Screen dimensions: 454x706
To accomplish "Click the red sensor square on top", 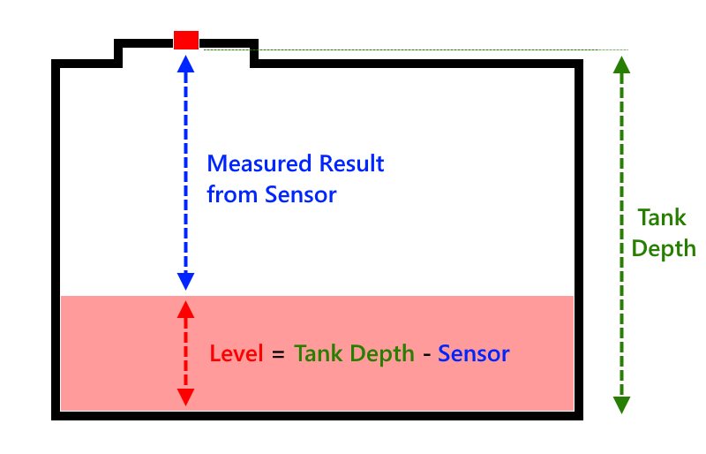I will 186,40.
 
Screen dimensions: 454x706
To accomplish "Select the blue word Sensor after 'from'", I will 301,195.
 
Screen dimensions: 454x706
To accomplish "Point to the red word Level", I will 237,354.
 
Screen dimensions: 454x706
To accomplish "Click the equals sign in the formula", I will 279,355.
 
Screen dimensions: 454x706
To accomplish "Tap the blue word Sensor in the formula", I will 474,354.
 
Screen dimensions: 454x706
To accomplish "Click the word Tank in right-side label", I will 656,217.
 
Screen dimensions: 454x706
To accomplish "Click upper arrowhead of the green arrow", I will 621,65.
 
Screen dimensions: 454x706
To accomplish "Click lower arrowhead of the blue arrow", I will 185,282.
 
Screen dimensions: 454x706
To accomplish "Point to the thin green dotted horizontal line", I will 441,50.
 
